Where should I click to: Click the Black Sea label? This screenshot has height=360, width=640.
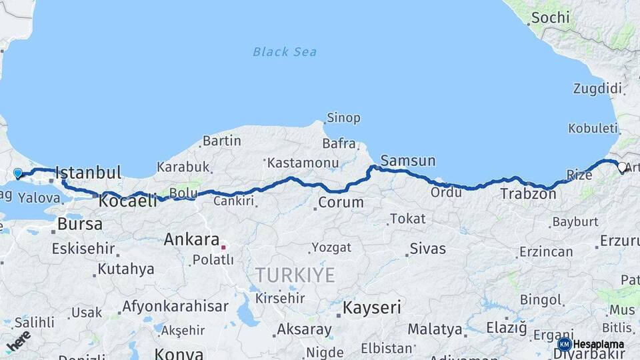coord(285,52)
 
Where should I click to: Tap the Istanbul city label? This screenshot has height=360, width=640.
coord(88,173)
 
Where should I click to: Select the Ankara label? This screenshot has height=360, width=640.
coord(191,239)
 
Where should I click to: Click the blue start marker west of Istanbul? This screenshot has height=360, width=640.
coord(18,173)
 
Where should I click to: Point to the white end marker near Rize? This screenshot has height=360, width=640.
coord(622,167)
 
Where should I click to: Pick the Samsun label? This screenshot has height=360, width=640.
coord(408,161)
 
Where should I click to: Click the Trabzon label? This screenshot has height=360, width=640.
coord(528,194)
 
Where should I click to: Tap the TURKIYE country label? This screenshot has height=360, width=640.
coord(295,275)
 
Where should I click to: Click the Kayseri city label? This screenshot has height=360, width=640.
coord(372,307)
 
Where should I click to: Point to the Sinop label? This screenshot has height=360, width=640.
coord(343,118)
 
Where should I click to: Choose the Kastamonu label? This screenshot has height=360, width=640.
coord(302,162)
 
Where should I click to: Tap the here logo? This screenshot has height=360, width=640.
coord(18,340)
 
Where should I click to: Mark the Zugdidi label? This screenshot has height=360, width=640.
coord(597,89)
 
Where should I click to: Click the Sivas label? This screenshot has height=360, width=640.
coord(427,249)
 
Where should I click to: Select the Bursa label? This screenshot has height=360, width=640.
coord(79,224)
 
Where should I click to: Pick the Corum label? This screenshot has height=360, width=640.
coord(341,201)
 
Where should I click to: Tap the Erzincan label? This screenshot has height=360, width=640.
coord(545,251)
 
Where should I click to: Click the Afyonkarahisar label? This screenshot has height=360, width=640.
coord(175,307)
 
